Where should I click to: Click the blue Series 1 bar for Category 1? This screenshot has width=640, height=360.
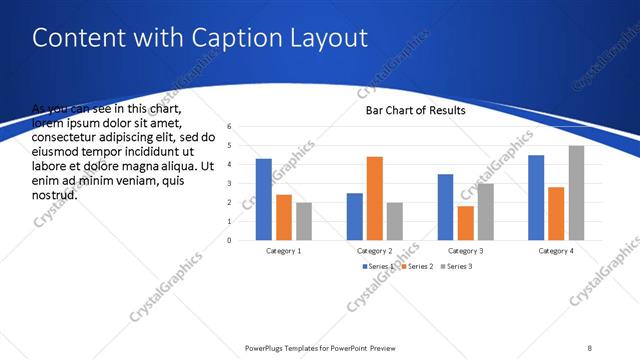point(263,199)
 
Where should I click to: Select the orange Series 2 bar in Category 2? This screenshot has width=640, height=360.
point(375,198)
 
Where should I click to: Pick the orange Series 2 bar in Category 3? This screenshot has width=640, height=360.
point(465,223)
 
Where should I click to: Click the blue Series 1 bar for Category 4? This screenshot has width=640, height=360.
point(536,197)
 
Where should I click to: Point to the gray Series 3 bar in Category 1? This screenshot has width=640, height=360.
point(304,221)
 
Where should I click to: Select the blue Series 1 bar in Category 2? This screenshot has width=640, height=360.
point(355,216)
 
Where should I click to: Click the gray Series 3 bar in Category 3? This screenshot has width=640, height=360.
point(485,211)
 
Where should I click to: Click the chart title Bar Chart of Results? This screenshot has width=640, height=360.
point(415,111)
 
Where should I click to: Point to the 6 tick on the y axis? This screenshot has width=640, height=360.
point(229,127)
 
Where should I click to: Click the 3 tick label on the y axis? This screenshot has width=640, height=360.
point(229,184)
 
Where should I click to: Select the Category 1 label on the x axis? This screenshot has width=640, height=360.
point(284,251)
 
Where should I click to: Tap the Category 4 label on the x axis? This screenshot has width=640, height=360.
point(557,251)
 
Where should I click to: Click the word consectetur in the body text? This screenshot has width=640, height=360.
point(66,136)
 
